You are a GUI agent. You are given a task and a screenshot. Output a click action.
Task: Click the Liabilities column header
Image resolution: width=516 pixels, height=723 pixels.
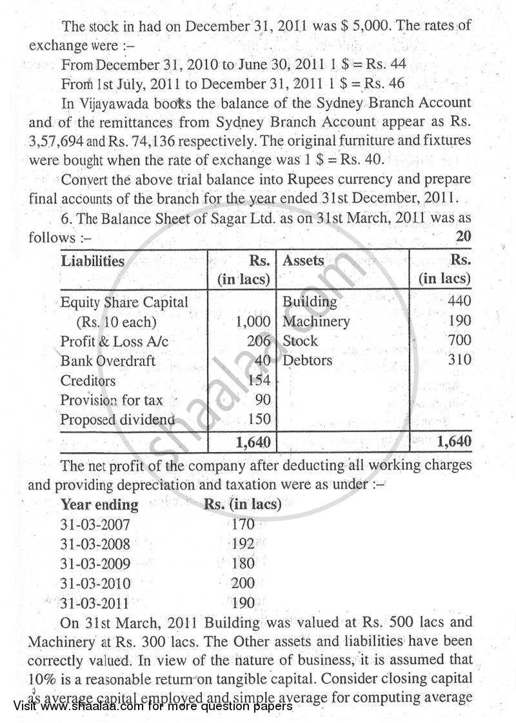92,261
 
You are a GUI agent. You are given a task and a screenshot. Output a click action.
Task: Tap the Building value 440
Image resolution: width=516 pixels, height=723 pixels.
459,301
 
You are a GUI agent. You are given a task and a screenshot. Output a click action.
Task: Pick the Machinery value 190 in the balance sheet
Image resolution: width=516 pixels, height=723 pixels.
459,321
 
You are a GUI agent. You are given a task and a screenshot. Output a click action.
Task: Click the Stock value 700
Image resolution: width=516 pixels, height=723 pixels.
459,340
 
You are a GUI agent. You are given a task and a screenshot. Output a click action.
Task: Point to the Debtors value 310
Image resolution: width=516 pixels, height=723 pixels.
459,360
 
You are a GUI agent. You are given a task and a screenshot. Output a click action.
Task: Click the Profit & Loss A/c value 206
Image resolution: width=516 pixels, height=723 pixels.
259,341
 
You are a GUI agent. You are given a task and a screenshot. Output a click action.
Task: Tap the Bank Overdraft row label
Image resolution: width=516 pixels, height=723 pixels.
108,361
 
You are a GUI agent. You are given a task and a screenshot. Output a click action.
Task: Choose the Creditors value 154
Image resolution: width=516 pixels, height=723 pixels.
259,381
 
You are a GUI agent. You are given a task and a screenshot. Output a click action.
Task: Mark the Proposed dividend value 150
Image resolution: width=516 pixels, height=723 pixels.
259,419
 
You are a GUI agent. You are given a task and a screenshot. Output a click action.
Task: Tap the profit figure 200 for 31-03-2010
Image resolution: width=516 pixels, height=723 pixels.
243,584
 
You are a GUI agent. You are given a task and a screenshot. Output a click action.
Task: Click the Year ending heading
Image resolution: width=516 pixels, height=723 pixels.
99,504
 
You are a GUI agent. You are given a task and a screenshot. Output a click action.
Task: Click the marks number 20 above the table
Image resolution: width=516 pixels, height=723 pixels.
463,237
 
